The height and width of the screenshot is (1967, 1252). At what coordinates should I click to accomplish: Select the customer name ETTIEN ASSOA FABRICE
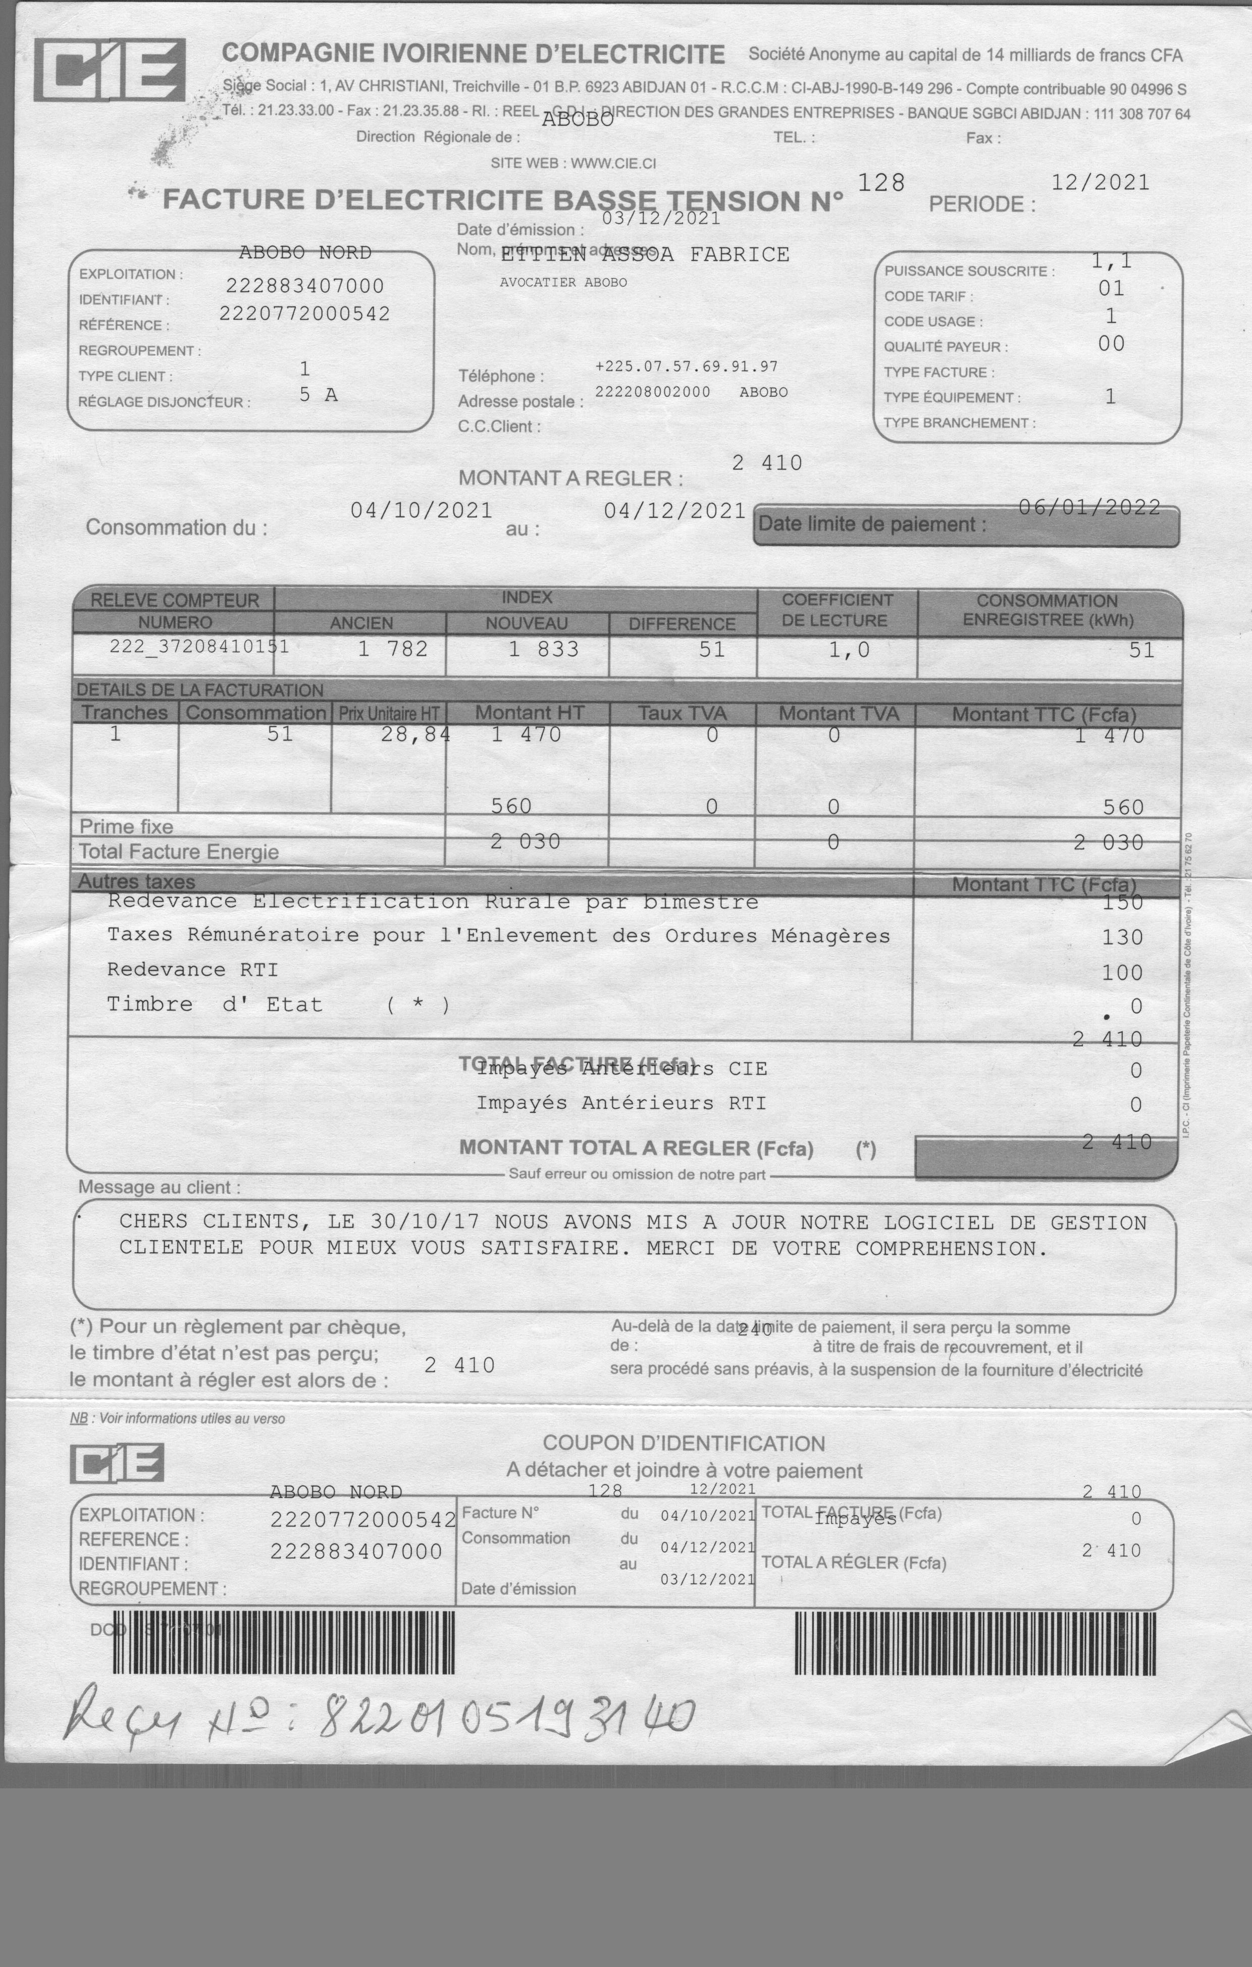point(645,255)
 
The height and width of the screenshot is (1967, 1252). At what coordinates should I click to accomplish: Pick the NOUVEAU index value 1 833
point(544,650)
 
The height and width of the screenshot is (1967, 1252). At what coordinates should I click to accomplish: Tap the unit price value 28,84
point(415,734)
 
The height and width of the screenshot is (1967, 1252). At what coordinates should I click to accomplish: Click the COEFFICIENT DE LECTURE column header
point(837,610)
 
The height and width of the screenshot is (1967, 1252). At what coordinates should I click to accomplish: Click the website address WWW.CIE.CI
point(613,164)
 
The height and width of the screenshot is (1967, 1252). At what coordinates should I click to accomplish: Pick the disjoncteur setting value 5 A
point(318,395)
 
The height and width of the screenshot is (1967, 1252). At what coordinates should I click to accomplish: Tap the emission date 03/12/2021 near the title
point(661,218)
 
